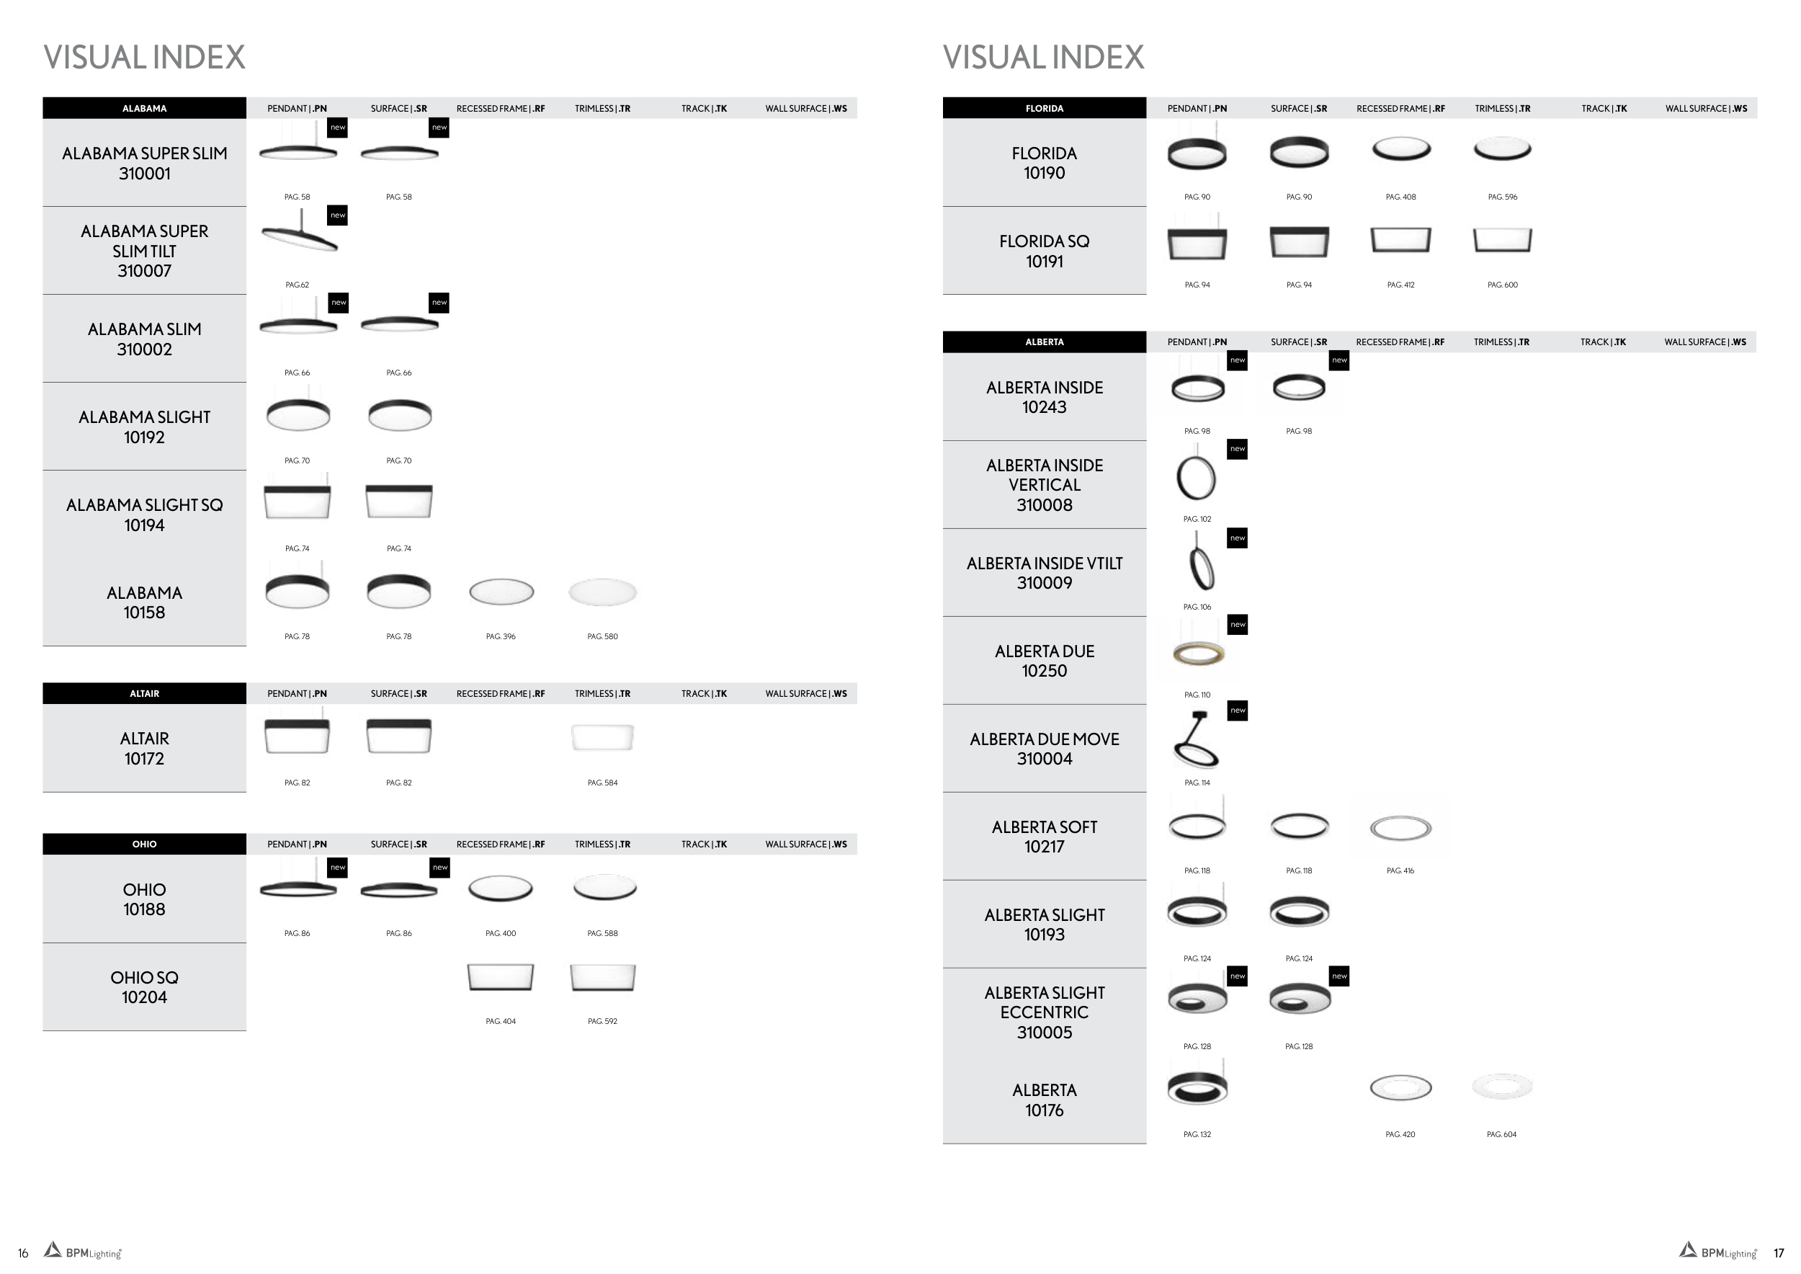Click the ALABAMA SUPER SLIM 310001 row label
[x=144, y=163]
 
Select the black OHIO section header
[x=144, y=844]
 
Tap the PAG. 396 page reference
[x=501, y=636]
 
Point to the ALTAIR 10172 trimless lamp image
[x=602, y=737]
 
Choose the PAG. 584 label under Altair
[x=602, y=783]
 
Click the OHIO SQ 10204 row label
[x=144, y=987]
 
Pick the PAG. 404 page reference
[x=501, y=1021]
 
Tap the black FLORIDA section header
[x=1044, y=108]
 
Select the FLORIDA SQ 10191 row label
[x=1044, y=251]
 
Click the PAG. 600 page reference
[x=1502, y=285]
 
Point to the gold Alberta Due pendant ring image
[x=1198, y=653]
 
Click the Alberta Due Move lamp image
[x=1196, y=741]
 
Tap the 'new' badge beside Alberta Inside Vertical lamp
[x=1237, y=449]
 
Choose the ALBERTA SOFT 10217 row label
[x=1044, y=837]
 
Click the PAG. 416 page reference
[x=1400, y=870]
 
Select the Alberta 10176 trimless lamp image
[x=1501, y=1087]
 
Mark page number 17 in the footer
[x=1778, y=1254]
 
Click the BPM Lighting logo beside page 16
[x=83, y=1251]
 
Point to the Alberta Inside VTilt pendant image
[x=1200, y=563]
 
